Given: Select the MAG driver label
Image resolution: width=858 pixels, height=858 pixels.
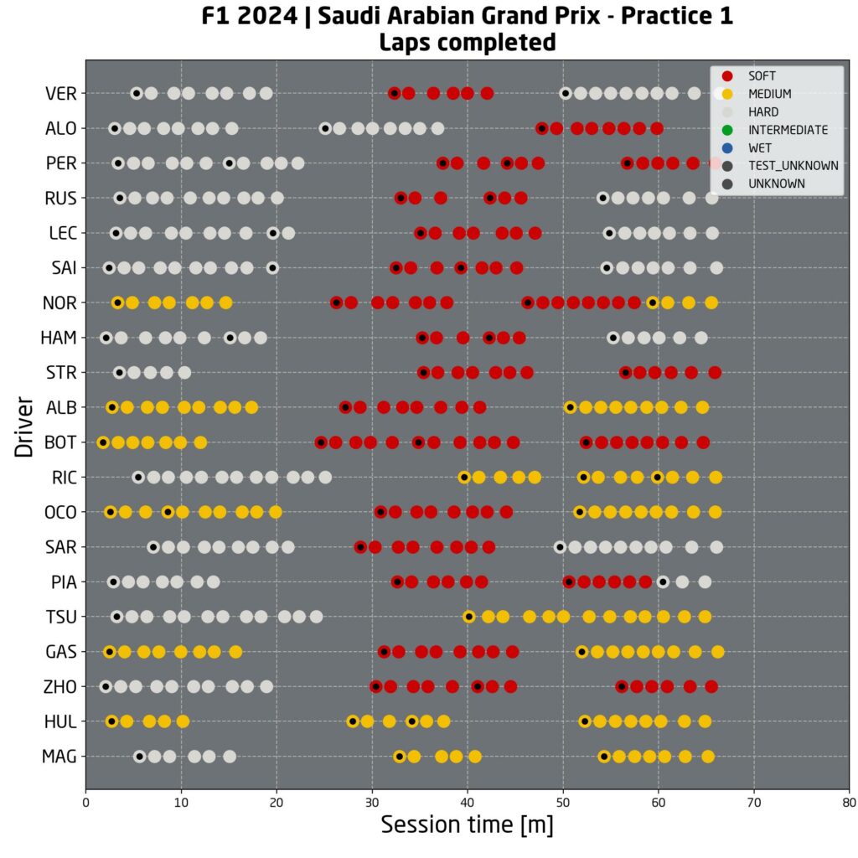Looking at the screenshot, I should [59, 757].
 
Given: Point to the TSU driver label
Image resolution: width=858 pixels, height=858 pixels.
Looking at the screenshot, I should [60, 617].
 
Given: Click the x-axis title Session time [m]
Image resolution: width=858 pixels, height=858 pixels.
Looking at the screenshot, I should [467, 825].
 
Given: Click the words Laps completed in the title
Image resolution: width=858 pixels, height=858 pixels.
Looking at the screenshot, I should [467, 41].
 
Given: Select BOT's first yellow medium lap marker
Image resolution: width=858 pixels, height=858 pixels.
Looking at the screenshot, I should [103, 442].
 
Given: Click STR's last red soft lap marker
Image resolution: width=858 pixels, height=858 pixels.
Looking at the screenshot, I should [715, 372].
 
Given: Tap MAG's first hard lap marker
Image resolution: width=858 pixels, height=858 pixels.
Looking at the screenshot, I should [140, 757].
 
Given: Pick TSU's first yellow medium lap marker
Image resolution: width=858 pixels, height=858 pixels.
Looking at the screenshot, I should [469, 617].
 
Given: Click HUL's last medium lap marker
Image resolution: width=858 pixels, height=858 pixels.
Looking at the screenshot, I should [705, 721].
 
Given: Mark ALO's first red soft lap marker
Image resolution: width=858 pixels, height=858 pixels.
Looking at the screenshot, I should [542, 128].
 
